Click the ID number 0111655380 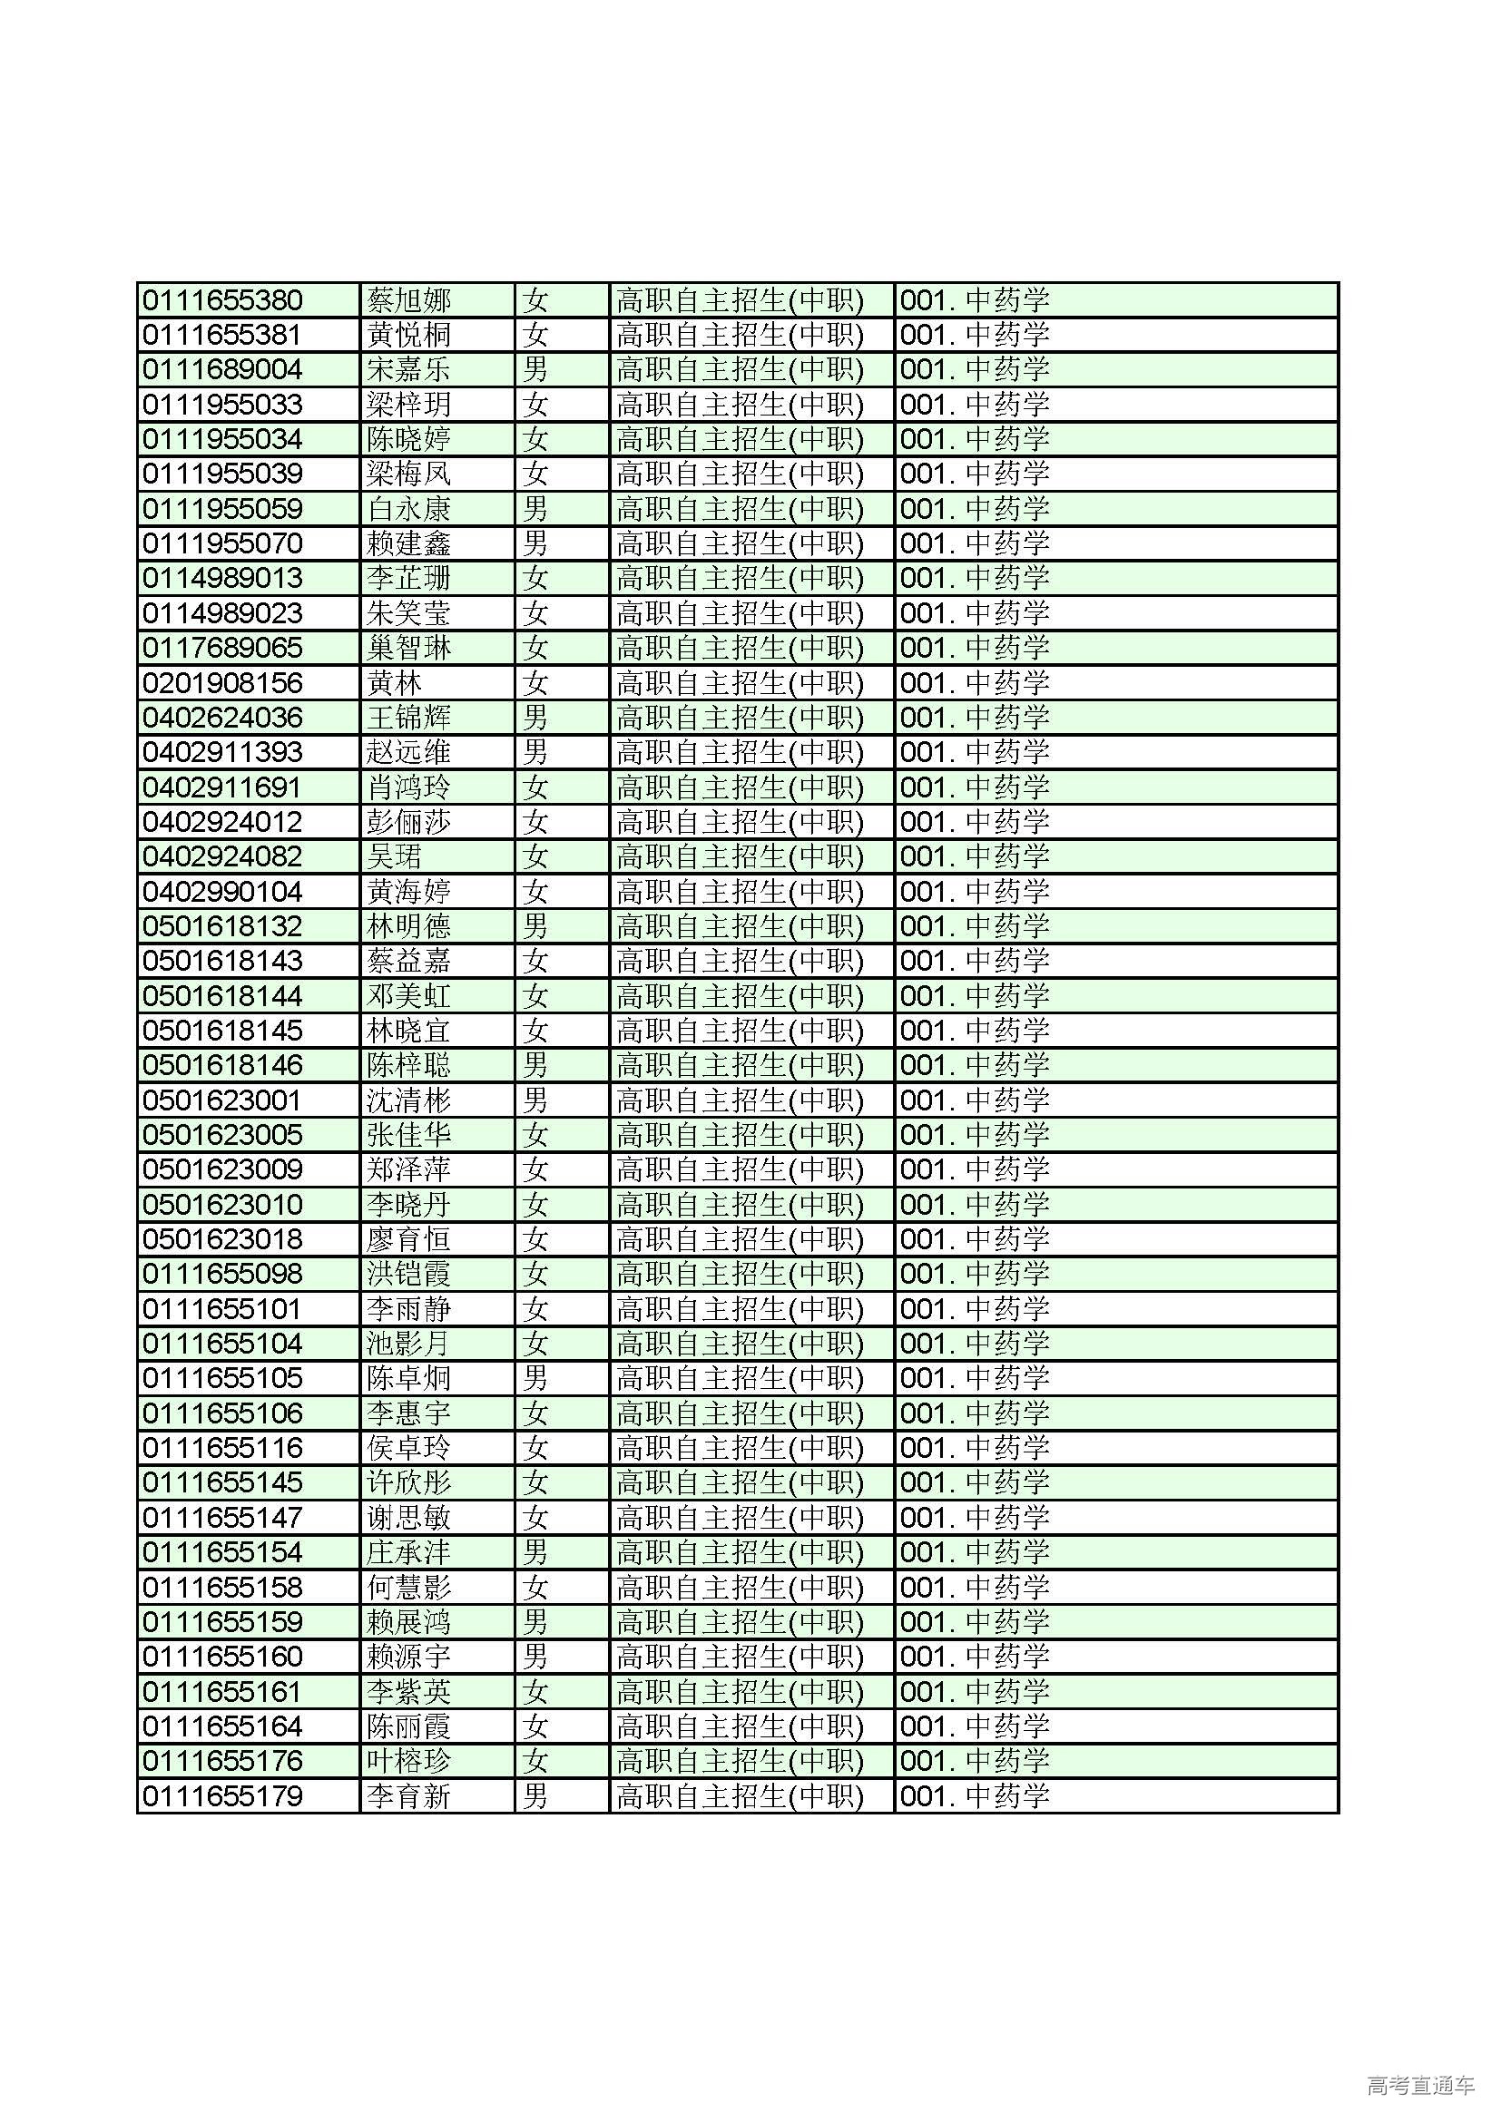[x=222, y=300]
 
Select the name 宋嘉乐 [x=407, y=369]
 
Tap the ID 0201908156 [x=222, y=683]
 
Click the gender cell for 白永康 [x=535, y=509]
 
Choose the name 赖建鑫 [x=407, y=543]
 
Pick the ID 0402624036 [x=222, y=719]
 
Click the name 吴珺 [x=394, y=856]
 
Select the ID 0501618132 [x=222, y=926]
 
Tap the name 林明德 [x=407, y=926]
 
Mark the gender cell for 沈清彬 [x=535, y=1100]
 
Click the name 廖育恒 [x=407, y=1239]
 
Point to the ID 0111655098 [x=222, y=1275]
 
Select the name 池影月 [x=407, y=1344]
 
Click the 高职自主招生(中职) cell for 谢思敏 [x=740, y=1518]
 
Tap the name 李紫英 [x=407, y=1692]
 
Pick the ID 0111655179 [x=222, y=1796]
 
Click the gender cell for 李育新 [x=535, y=1796]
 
